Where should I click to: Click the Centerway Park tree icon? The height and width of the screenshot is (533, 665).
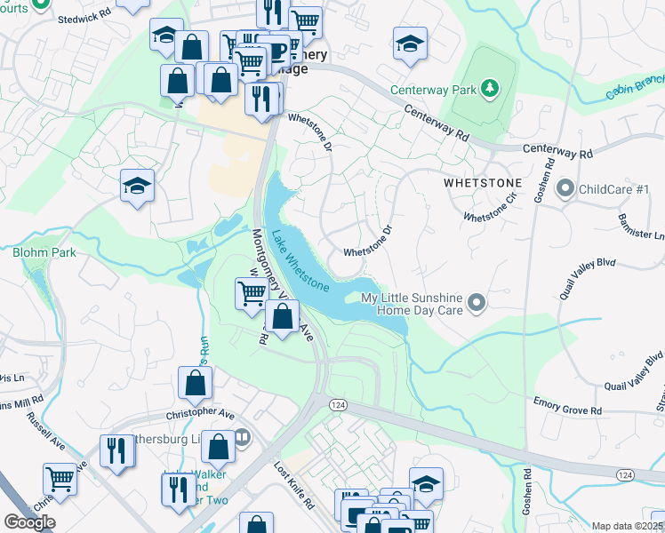488,88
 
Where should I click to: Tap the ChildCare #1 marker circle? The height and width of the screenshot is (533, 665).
565,189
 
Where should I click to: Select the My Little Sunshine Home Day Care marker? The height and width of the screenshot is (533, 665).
477,304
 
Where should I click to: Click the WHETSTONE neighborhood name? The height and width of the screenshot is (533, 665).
481,182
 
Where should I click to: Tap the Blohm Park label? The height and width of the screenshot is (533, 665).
44,252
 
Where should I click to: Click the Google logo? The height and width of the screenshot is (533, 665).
29,522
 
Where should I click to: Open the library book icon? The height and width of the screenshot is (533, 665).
243,437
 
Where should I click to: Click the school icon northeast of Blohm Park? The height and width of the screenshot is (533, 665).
138,186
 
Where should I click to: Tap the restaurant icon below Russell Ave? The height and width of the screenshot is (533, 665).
116,450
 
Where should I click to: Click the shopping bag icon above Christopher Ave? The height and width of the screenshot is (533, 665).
195,384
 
